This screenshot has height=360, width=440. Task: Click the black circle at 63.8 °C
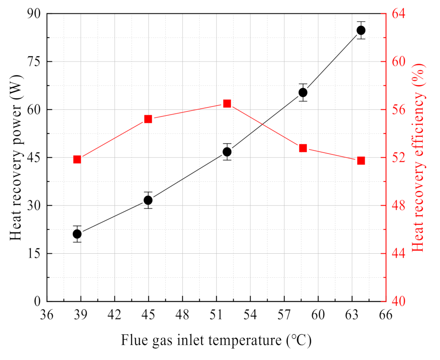361,30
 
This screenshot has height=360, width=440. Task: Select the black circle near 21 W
77,234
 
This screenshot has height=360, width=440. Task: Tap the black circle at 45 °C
148,200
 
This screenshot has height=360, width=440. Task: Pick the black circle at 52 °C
227,152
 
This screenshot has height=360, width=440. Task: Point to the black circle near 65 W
303,92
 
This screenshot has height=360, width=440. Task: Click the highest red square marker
227,104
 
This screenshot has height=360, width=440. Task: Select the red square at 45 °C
148,119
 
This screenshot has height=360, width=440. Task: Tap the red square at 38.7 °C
77,159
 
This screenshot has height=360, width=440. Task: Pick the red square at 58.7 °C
303,148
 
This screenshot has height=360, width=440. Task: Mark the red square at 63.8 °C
361,161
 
